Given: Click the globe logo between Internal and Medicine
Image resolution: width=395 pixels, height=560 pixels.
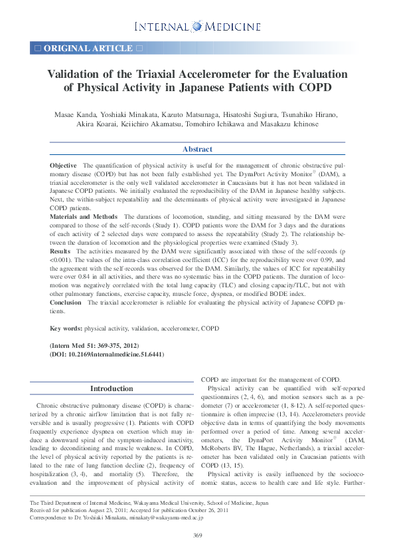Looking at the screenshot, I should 197,27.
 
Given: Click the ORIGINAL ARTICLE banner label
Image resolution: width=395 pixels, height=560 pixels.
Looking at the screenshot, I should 88,48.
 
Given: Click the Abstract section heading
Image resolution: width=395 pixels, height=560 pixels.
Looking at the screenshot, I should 197,150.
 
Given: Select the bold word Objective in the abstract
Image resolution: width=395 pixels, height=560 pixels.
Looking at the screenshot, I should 63,164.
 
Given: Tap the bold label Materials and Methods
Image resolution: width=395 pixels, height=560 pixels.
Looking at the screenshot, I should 84,217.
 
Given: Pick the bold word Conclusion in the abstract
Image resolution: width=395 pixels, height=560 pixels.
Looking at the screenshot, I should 66,302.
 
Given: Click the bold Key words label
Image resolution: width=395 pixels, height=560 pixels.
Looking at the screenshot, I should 66,329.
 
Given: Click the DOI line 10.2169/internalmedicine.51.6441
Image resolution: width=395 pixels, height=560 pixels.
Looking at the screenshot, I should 107,355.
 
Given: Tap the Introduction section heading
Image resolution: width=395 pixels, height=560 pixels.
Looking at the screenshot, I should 112,388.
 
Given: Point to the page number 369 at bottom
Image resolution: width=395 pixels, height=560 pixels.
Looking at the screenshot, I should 197,535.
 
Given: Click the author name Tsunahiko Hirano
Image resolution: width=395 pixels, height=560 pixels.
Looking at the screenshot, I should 313,114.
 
